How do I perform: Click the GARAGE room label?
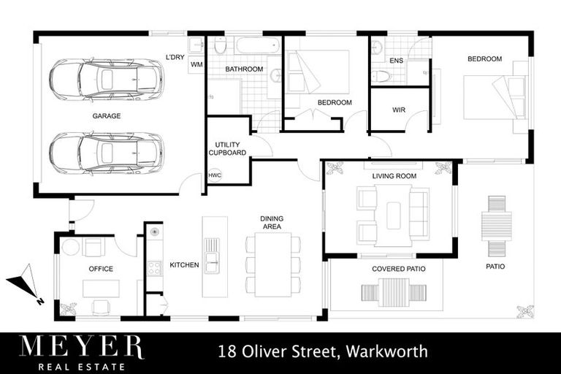pos(107,115)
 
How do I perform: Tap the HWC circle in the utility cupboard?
pos(215,175)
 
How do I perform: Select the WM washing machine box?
pos(196,64)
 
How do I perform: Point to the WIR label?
pos(399,110)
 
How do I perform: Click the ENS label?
pos(396,61)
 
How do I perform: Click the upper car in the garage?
pos(106,79)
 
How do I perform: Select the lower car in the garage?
pos(106,152)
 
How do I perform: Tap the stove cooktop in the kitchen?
pos(154,267)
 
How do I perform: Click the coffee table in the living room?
pos(393,213)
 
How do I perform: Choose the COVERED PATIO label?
pos(398,269)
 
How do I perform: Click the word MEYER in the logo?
pos(81,346)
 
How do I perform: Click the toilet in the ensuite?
pos(381,76)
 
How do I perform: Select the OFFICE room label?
pos(101,269)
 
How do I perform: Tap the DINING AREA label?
pos(272,223)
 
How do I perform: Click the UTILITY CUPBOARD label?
pos(227,149)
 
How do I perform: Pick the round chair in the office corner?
pos(70,247)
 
